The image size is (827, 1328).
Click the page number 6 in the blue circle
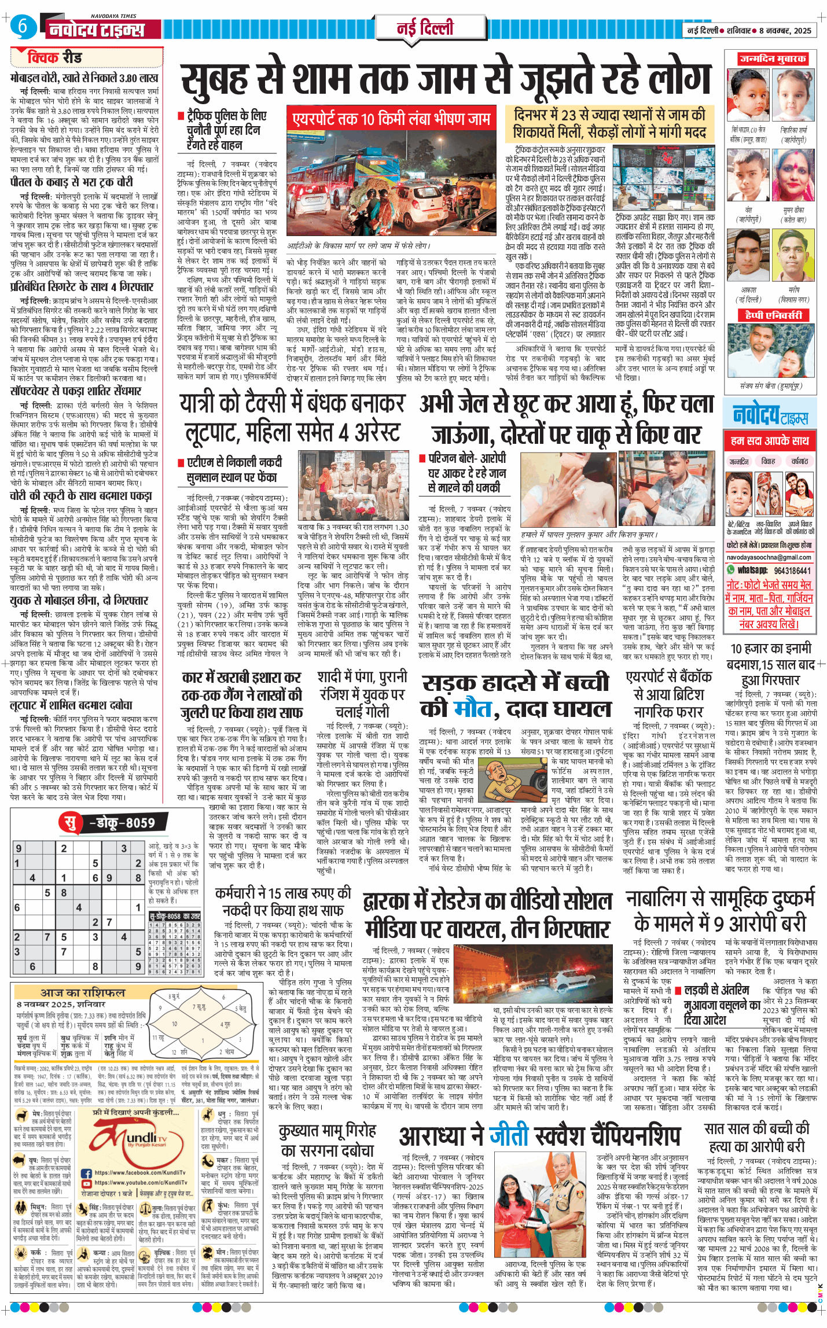(22, 26)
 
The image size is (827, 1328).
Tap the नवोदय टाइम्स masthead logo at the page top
(96, 29)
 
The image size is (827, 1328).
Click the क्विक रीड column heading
(54, 58)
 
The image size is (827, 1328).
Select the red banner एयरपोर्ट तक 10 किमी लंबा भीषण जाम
(391, 119)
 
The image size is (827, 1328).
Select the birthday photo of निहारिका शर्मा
(793, 95)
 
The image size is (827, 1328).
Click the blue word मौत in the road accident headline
(472, 708)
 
